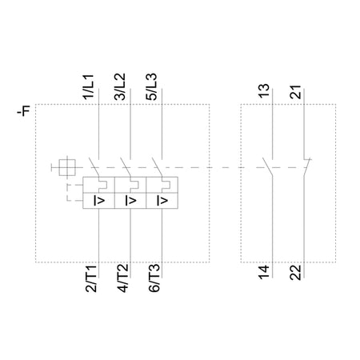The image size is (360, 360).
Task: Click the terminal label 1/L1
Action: [88, 87]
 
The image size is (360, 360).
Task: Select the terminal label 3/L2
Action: [120, 86]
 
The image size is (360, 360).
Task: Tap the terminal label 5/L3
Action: [151, 86]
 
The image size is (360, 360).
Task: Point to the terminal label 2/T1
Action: [91, 278]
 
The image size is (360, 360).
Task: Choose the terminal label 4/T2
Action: [123, 278]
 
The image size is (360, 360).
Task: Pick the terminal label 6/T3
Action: [154, 278]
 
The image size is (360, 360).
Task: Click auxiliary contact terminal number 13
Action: [264, 91]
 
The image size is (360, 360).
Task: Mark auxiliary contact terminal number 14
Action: [264, 272]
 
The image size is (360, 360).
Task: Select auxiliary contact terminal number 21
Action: [295, 92]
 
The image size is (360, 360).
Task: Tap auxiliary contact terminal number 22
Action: [295, 272]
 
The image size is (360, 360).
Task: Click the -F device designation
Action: [23, 110]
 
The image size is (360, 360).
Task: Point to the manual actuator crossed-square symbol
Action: [67, 167]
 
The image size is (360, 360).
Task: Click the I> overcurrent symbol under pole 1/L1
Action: [99, 200]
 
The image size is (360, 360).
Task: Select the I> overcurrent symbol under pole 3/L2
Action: [130, 200]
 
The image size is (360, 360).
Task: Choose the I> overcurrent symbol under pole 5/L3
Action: [162, 200]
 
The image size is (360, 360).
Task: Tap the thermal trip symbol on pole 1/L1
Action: [102, 185]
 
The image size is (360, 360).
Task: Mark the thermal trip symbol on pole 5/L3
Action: [166, 185]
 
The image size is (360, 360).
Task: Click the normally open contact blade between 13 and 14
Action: [268, 167]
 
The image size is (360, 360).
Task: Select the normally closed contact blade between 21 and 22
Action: [307, 167]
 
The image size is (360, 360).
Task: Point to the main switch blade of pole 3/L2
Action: [126, 167]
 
